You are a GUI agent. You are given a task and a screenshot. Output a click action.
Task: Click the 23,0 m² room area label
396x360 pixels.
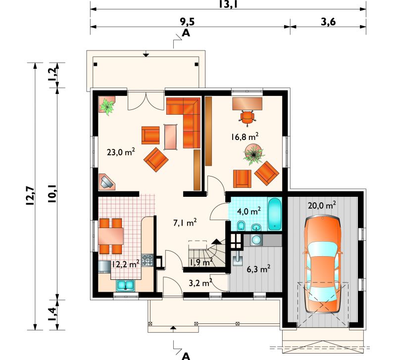pyautogui.click(x=121, y=152)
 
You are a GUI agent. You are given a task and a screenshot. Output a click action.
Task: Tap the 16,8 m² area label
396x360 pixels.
pyautogui.click(x=245, y=136)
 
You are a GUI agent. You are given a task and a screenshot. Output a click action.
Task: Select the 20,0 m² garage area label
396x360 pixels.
pyautogui.click(x=322, y=205)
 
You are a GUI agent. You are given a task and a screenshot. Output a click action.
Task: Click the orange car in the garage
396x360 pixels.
pyautogui.click(x=323, y=264)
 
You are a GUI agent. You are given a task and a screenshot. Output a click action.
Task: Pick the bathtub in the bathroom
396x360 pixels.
pyautogui.click(x=275, y=214)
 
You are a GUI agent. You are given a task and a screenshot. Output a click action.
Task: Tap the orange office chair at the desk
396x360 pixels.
pyautogui.click(x=247, y=117)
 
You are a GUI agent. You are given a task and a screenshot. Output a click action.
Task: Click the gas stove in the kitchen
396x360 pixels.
pyautogui.click(x=148, y=260)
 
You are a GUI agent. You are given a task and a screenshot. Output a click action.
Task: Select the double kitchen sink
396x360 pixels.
pyautogui.click(x=126, y=285)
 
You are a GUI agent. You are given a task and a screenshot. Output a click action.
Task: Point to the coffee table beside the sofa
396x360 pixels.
pyautogui.click(x=171, y=137)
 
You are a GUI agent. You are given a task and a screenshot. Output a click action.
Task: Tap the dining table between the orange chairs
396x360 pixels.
pyautogui.click(x=111, y=236)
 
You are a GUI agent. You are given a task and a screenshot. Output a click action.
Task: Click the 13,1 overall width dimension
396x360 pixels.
pyautogui.click(x=228, y=4)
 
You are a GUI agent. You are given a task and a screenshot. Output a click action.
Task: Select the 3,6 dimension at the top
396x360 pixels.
pyautogui.click(x=328, y=22)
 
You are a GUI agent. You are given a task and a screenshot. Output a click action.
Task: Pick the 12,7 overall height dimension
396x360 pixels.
pyautogui.click(x=30, y=196)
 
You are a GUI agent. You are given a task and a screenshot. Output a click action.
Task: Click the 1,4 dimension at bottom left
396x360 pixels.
pyautogui.click(x=52, y=315)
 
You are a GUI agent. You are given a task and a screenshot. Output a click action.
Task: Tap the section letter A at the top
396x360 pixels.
pyautogui.click(x=186, y=33)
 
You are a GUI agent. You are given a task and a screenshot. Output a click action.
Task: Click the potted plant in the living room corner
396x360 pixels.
pyautogui.click(x=107, y=106)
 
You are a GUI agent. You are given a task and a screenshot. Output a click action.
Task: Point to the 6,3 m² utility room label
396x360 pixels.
pyautogui.click(x=258, y=269)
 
